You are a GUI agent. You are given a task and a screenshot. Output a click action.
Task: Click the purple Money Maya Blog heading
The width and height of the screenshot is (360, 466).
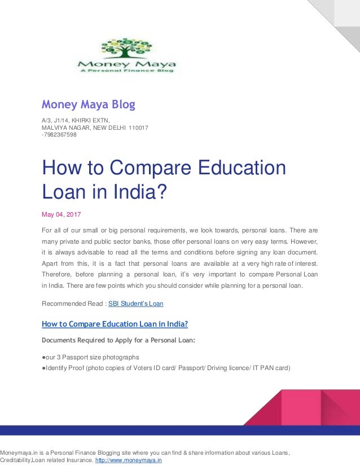tap(89, 104)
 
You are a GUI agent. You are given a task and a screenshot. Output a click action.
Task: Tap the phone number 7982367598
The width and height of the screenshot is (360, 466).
tap(60, 134)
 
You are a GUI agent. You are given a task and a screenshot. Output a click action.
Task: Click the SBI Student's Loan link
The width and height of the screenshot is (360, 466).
tap(135, 304)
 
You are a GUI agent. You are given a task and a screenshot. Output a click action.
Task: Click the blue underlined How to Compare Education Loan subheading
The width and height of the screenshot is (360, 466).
tap(115, 324)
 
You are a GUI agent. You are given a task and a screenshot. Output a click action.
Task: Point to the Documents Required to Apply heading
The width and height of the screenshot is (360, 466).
tap(118, 340)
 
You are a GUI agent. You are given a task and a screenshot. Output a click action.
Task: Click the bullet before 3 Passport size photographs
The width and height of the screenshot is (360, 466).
tap(44, 357)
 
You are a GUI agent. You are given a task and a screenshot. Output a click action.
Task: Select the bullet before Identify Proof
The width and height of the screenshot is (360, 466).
tap(44, 368)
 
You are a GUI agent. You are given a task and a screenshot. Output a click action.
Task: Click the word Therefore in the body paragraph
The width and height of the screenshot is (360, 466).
tap(58, 274)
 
